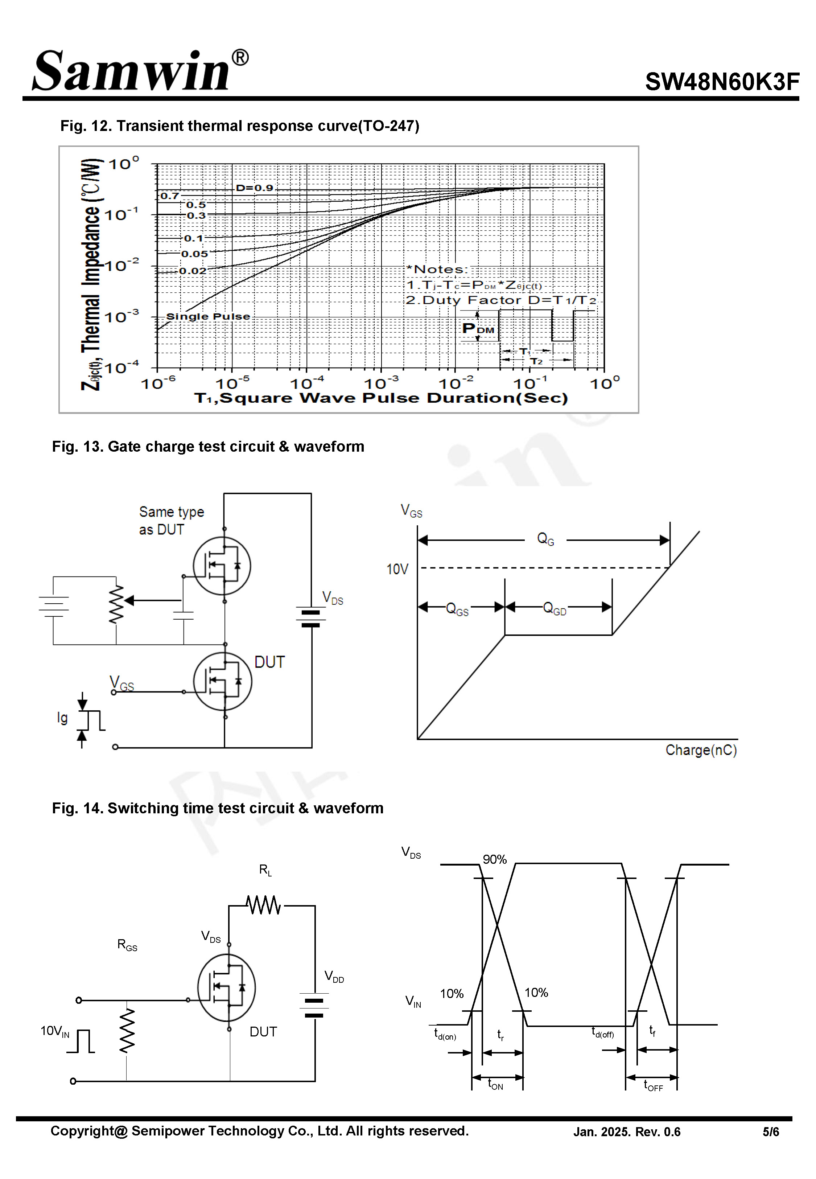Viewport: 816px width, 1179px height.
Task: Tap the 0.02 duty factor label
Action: coord(192,271)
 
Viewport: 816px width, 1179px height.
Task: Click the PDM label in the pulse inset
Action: coord(478,329)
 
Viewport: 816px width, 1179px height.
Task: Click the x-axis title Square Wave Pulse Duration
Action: coord(381,398)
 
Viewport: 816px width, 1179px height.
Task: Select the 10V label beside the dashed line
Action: coord(397,569)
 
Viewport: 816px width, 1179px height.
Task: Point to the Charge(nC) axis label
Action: coord(700,750)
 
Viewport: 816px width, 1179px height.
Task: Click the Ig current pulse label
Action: coord(62,718)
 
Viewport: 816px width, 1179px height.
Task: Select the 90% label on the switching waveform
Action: coord(494,859)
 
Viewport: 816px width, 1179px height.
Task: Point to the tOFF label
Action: coord(652,1085)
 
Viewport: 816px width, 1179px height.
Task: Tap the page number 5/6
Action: coord(771,1132)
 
